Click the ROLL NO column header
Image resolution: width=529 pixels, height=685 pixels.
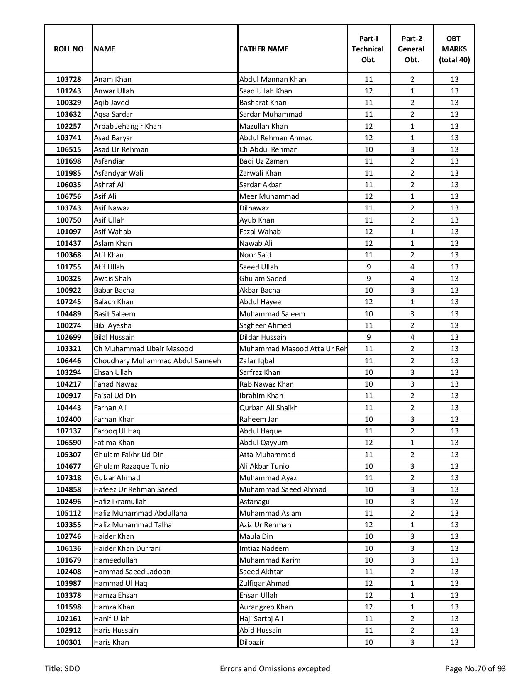[68, 49]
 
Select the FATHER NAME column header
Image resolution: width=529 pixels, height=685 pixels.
[263, 49]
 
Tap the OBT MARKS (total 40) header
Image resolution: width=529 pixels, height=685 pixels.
[454, 49]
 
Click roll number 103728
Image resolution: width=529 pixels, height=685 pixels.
[68, 79]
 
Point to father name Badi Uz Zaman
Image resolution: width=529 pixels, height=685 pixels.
[263, 161]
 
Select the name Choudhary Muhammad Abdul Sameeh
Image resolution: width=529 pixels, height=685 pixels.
[157, 361]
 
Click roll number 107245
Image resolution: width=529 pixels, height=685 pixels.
[68, 302]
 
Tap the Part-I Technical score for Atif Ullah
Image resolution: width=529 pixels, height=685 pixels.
[368, 267]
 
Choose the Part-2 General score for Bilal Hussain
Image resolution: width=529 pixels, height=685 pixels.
[412, 337]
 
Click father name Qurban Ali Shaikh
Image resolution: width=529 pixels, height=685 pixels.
[268, 408]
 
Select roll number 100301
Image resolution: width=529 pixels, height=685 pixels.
[68, 642]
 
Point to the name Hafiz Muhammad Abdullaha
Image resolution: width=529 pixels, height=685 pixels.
[140, 513]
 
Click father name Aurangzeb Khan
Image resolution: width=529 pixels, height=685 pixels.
[266, 607]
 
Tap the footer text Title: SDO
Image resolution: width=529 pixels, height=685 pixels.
[62, 669]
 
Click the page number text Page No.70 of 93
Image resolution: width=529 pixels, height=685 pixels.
[475, 669]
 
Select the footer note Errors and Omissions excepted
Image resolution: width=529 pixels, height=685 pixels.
[275, 669]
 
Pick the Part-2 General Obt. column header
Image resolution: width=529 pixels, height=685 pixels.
[412, 49]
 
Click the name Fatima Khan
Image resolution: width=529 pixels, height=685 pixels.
[114, 443]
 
